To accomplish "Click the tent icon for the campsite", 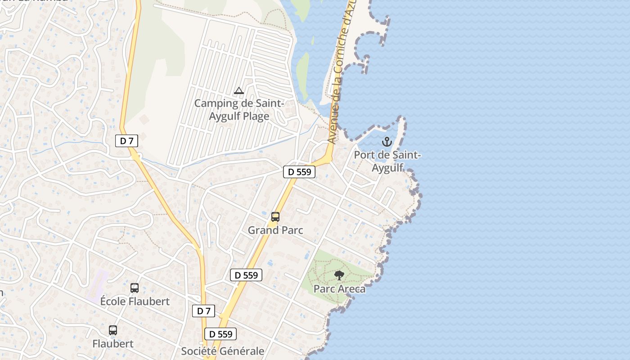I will coord(239,91).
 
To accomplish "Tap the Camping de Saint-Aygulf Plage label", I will coord(239,110).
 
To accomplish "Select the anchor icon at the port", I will coord(387,142).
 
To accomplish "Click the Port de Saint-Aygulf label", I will coord(387,162).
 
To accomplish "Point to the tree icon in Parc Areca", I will coord(339,275).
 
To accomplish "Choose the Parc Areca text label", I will coord(339,289).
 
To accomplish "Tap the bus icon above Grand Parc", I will coord(275,217).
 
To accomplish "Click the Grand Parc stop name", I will coord(275,230).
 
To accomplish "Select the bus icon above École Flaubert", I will coord(134,288).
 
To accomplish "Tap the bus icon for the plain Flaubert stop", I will coord(113,330).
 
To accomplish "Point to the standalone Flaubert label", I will coord(113,344).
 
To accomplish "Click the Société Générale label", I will coord(222,351).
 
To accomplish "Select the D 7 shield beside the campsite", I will coord(126,141).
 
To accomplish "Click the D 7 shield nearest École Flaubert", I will coord(203,311).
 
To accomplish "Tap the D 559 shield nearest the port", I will coord(299,171).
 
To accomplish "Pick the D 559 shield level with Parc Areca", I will coord(246,275).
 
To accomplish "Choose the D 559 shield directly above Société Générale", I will coord(220,334).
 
